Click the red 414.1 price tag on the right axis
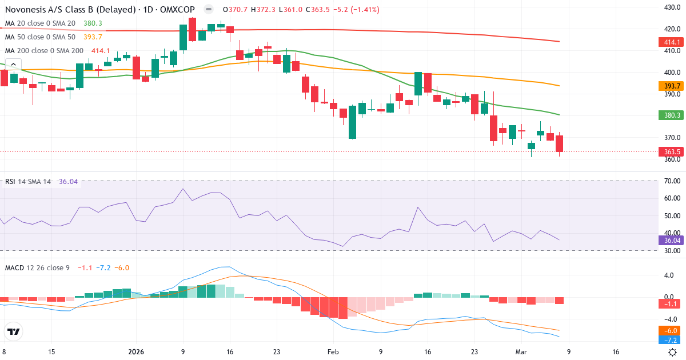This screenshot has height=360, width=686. pos(672,42)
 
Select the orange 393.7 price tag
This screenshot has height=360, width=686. pos(672,86)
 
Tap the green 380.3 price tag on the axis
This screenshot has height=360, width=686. pos(672,115)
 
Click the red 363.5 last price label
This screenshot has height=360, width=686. pos(672,151)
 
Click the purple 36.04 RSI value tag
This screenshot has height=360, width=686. pos(672,241)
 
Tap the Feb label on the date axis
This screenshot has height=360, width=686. pos(332,353)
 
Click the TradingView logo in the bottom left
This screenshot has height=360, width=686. pos(13,331)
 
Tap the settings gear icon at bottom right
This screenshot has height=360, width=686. pos(673,353)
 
